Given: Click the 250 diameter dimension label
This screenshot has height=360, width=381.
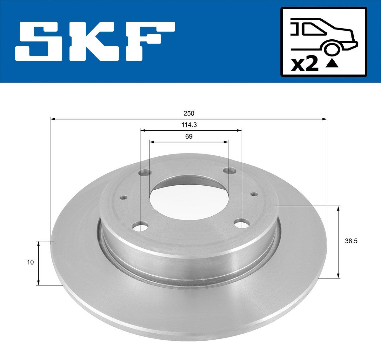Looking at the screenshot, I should (189, 113).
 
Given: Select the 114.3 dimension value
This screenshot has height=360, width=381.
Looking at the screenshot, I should (189, 125).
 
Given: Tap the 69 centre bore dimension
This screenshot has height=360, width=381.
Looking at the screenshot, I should (189, 137).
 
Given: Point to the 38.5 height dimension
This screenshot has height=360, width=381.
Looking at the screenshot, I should (351, 241).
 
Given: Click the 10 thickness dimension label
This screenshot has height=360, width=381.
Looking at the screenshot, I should (30, 262).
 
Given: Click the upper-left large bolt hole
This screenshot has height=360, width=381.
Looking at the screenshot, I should (145, 173).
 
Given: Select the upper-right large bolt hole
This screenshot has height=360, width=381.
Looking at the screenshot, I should (230, 171).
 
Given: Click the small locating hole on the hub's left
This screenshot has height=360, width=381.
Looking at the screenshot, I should (124, 197).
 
